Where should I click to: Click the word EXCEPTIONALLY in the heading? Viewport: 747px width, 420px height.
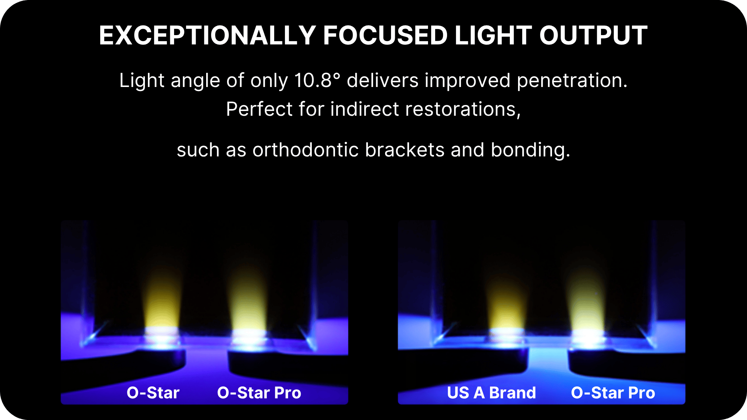tap(208, 35)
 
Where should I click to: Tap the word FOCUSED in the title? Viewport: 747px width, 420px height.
tap(385, 35)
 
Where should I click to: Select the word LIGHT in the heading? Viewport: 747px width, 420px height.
tap(493, 35)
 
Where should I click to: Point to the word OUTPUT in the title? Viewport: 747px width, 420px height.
tap(593, 35)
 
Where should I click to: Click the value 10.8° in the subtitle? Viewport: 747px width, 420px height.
tap(317, 80)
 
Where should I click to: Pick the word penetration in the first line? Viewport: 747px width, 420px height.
tap(572, 81)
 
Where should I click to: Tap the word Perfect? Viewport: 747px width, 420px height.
tap(260, 109)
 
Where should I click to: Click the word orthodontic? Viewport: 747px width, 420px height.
tap(306, 150)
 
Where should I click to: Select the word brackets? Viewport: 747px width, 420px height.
tap(405, 150)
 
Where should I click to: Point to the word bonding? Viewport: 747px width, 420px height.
tap(530, 150)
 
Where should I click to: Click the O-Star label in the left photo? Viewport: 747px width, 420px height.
tap(153, 393)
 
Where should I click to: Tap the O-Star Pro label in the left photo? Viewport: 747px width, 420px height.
tap(259, 393)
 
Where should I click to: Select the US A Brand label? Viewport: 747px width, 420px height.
tap(492, 393)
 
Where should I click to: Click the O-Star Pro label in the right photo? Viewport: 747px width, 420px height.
tap(613, 393)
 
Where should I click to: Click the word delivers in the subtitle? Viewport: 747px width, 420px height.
tap(382, 80)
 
